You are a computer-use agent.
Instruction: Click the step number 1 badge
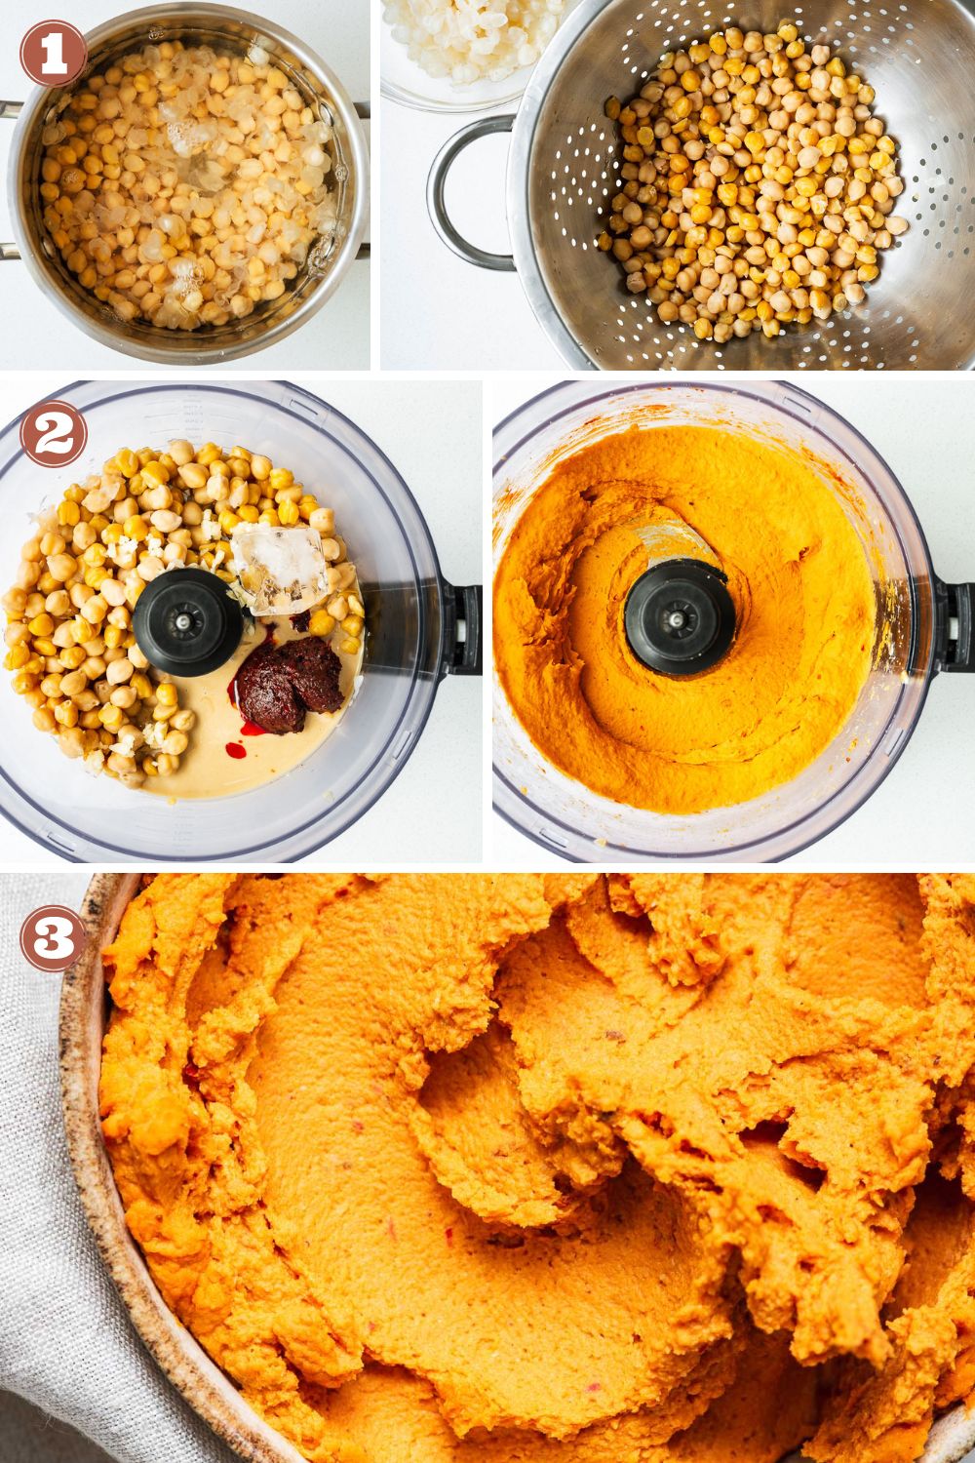54,53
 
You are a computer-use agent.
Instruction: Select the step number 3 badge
54,938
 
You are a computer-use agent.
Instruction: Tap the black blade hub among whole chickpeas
187,622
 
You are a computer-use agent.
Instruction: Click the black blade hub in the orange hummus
680,617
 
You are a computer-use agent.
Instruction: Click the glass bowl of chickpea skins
457,46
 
